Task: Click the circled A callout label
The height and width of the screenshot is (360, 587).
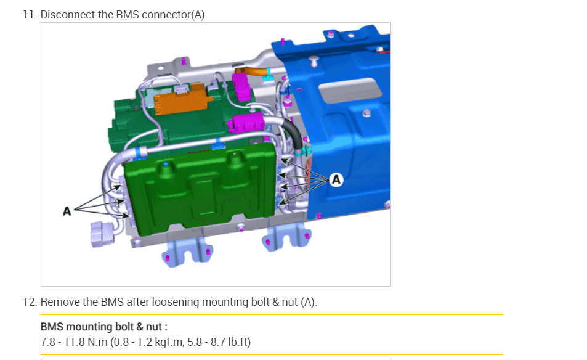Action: (x=336, y=180)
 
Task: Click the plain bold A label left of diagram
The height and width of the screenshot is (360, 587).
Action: (x=67, y=211)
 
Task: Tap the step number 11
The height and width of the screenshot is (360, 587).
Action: (x=30, y=15)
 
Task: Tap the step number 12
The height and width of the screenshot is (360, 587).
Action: (x=30, y=302)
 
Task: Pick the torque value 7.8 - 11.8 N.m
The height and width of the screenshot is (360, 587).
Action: (x=74, y=342)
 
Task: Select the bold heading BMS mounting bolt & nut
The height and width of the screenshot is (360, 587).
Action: (x=103, y=327)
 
